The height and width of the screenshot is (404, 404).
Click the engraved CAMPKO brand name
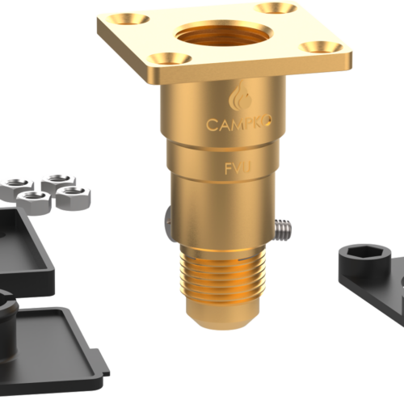click(239, 124)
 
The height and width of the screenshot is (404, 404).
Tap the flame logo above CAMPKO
click(240, 96)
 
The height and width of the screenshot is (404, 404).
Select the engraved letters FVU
click(238, 168)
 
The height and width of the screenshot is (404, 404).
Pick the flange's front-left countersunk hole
click(170, 59)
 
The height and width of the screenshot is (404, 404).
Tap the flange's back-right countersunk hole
click(276, 8)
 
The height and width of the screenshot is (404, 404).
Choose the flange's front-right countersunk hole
click(322, 48)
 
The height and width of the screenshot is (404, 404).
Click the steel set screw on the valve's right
click(283, 229)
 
